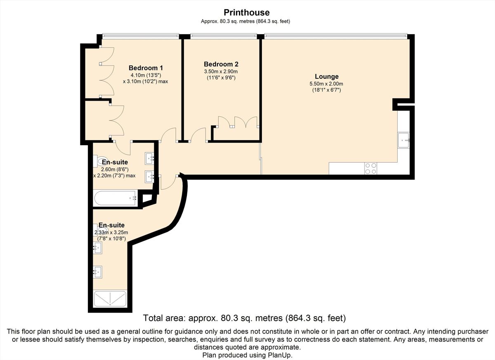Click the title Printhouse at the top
coord(246,13)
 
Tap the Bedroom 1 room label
coord(146,68)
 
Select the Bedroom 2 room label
coord(221,64)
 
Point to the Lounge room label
coord(326,77)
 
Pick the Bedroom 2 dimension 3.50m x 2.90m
coord(221,71)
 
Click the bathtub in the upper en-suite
coord(115,198)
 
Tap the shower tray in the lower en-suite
coord(110,299)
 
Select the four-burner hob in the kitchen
coord(370,168)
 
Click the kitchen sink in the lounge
coord(403,140)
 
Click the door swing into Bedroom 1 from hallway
coord(168,135)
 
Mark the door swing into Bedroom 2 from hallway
coord(198,135)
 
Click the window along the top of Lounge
coord(336,35)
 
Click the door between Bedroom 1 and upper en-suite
coord(123,147)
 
